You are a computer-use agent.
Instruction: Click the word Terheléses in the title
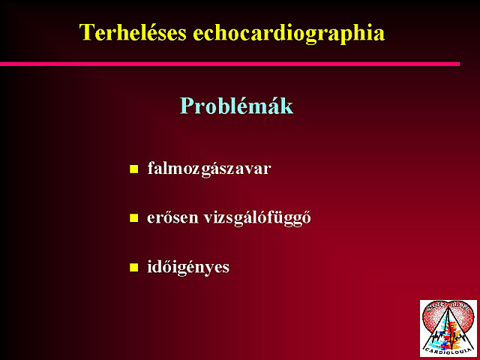point(133,32)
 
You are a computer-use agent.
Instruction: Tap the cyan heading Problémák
point(236,106)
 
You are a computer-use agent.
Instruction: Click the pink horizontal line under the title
point(230,64)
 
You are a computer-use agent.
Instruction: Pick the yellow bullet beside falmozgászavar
point(133,169)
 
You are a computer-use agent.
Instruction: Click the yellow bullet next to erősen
point(133,218)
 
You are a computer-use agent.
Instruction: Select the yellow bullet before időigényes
point(133,267)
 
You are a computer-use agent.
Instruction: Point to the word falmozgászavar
point(209,169)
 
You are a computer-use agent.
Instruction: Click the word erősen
point(172,217)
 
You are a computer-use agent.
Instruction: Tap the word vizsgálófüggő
point(257,218)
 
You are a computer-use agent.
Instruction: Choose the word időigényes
point(188,267)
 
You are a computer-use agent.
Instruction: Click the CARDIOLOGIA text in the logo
point(448,349)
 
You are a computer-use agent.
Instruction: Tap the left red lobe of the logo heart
point(432,318)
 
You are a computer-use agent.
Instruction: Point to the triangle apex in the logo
point(448,307)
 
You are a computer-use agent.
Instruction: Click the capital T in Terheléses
point(86,32)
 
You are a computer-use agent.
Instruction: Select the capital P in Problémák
point(187,106)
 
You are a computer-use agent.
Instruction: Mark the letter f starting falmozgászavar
point(151,168)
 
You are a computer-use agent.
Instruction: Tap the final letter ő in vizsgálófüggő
point(306,217)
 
